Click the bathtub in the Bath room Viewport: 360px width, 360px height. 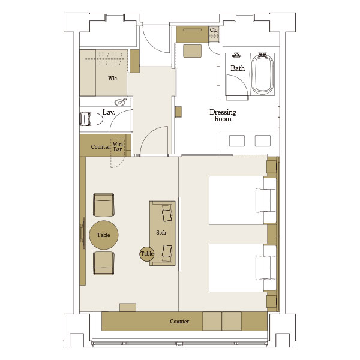262,74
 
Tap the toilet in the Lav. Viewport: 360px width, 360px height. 91,119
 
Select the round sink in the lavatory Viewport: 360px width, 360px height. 120,102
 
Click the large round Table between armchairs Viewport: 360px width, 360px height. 104,235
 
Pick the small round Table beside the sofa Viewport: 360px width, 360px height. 147,254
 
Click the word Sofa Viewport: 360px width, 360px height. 161,233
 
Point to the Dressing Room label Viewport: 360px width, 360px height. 223,115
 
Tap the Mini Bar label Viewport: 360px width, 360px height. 118,147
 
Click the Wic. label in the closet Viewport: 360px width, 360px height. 113,79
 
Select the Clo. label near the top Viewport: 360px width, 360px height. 214,30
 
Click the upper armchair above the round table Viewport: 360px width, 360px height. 104,205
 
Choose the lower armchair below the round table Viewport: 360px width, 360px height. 104,263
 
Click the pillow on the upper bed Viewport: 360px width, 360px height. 266,200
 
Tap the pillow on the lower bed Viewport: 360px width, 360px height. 266,268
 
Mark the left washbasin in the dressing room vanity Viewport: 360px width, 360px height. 237,141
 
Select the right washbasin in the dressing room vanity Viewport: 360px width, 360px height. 263,141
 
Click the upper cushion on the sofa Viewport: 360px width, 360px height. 167,215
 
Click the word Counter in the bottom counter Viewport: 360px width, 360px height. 179,322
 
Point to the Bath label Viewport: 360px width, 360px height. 238,68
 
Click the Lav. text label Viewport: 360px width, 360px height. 109,112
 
